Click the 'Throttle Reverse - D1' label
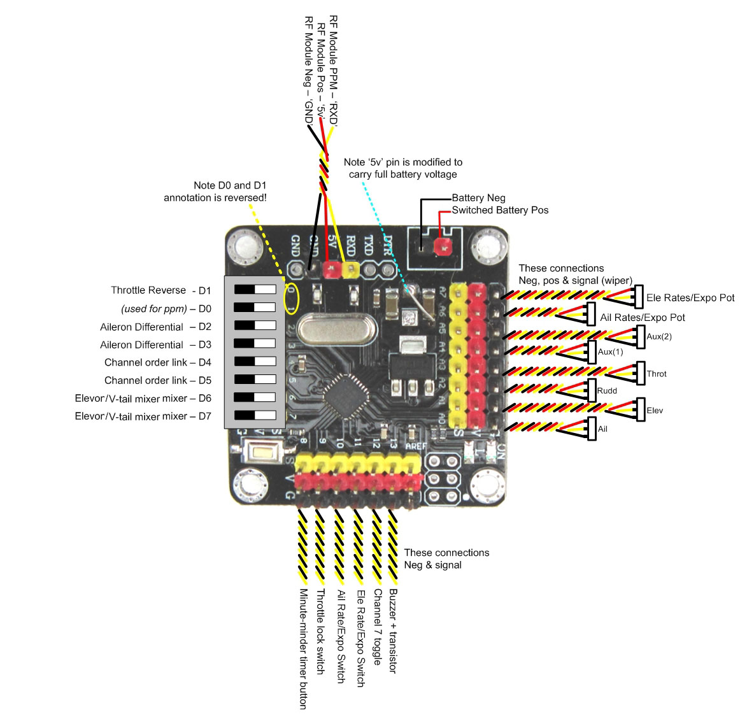pyautogui.click(x=160, y=290)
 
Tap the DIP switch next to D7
pyautogui.click(x=255, y=415)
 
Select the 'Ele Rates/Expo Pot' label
pyautogui.click(x=690, y=297)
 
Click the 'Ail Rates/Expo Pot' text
pyautogui.click(x=643, y=317)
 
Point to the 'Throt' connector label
pyautogui.click(x=657, y=374)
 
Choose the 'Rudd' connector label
pyautogui.click(x=607, y=390)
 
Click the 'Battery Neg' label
pyautogui.click(x=478, y=198)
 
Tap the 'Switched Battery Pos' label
pyautogui.click(x=500, y=210)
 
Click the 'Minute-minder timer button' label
pyautogui.click(x=303, y=648)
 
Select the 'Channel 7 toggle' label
pyautogui.click(x=377, y=627)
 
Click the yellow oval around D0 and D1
pyautogui.click(x=291, y=298)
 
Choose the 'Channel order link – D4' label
pyautogui.click(x=158, y=362)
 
